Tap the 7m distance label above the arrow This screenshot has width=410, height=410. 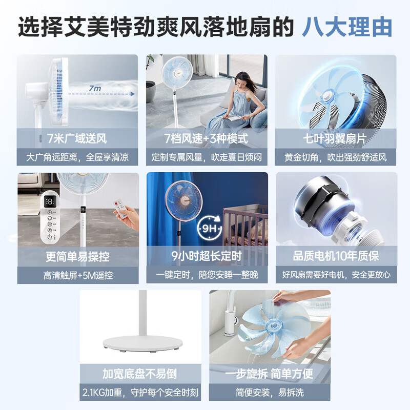pyautogui.click(x=94, y=89)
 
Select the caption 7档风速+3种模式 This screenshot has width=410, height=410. pyautogui.click(x=207, y=138)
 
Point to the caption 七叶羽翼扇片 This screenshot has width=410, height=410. pyautogui.click(x=336, y=138)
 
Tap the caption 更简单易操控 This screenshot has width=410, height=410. pyautogui.click(x=77, y=256)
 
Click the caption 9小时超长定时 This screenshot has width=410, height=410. pyautogui.click(x=207, y=256)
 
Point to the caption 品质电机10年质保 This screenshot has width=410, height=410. pyautogui.click(x=336, y=256)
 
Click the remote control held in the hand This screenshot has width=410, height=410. pyautogui.click(x=121, y=209)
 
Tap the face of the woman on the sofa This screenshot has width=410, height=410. pyautogui.click(x=247, y=81)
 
